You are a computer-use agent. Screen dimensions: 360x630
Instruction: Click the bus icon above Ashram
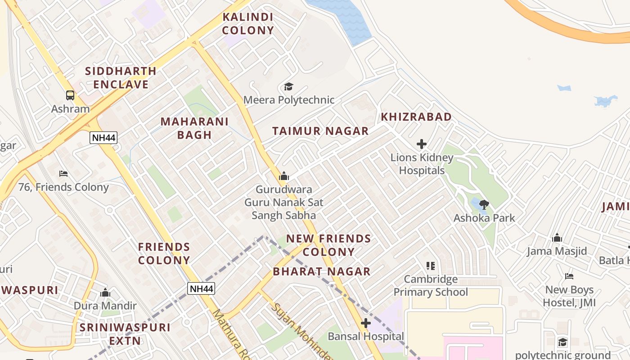pyautogui.click(x=70, y=95)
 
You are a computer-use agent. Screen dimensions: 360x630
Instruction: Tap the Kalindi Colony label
pyautogui.click(x=247, y=24)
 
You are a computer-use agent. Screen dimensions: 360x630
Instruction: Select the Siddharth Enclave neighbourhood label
pyautogui.click(x=121, y=77)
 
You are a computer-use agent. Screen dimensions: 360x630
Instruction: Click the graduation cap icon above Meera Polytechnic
pyautogui.click(x=288, y=86)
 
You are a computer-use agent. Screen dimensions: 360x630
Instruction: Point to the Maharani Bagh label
pyautogui.click(x=194, y=128)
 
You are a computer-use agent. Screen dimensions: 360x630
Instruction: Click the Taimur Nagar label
pyautogui.click(x=320, y=131)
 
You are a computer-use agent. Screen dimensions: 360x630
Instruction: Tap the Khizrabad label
pyautogui.click(x=416, y=117)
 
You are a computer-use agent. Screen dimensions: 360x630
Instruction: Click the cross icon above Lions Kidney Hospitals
pyautogui.click(x=422, y=144)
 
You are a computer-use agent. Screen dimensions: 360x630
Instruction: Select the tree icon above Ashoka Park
pyautogui.click(x=484, y=205)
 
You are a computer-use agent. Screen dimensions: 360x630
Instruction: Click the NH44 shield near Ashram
pyautogui.click(x=103, y=138)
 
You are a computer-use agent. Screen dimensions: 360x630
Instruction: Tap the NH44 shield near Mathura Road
pyautogui.click(x=201, y=288)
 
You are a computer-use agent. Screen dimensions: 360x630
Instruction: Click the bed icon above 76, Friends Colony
pyautogui.click(x=63, y=174)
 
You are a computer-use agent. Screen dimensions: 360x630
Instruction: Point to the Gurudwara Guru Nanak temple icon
pyautogui.click(x=283, y=176)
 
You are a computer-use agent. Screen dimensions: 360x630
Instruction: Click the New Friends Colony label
pyautogui.click(x=328, y=245)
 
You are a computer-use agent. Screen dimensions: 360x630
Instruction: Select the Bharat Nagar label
pyautogui.click(x=322, y=271)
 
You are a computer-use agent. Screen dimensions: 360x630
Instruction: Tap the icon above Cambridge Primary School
pyautogui.click(x=431, y=266)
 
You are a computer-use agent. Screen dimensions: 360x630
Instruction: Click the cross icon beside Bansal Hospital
pyautogui.click(x=366, y=323)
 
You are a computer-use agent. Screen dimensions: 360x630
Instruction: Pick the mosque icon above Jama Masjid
pyautogui.click(x=557, y=238)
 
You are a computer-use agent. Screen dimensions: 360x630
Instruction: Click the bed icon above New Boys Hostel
pyautogui.click(x=569, y=276)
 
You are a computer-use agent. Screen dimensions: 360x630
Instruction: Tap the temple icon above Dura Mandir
pyautogui.click(x=105, y=293)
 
